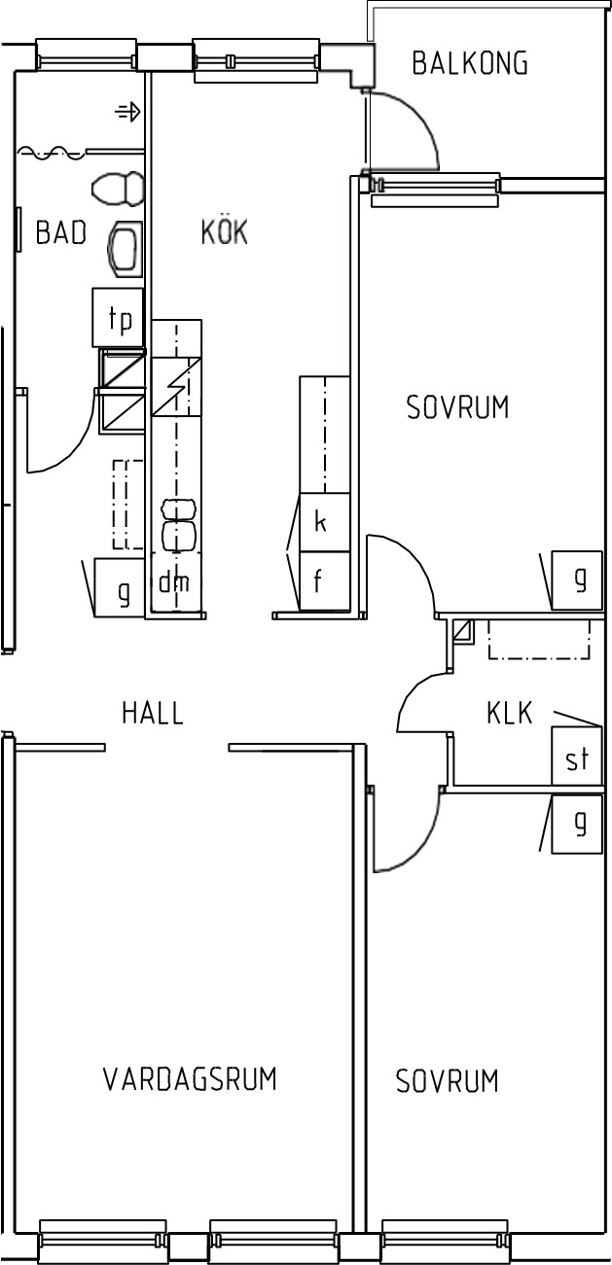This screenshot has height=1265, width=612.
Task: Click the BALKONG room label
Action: [x=470, y=63]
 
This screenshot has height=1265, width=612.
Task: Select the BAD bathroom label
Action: [x=60, y=232]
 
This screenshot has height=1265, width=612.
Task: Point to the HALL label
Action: [x=153, y=713]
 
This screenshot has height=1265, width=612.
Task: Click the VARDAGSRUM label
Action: [x=190, y=1078]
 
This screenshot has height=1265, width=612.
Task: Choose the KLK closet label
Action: [x=509, y=713]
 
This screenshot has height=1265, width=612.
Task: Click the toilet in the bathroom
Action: [x=118, y=189]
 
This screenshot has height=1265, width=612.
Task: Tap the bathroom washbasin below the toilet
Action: [x=125, y=249]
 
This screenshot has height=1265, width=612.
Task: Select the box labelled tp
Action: [x=118, y=317]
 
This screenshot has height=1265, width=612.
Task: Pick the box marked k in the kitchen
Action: [x=324, y=522]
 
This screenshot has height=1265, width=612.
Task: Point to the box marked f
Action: [x=324, y=581]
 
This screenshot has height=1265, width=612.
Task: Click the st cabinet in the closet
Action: [x=577, y=755]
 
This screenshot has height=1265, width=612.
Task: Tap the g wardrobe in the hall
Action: [x=120, y=587]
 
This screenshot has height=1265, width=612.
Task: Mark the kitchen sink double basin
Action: [x=180, y=525]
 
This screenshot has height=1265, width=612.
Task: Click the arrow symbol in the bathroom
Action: [x=127, y=112]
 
